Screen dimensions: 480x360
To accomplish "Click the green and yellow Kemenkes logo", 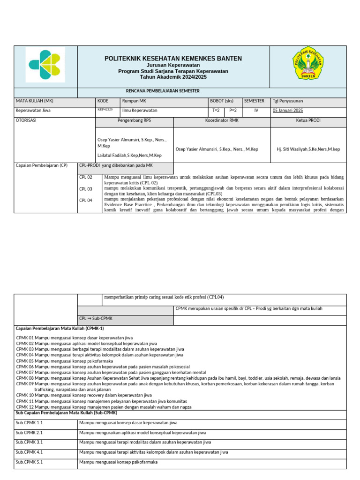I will [x=45, y=66].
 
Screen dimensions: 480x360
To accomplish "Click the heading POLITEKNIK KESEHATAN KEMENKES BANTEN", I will [x=173, y=59].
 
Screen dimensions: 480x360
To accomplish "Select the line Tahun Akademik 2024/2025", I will [x=173, y=77].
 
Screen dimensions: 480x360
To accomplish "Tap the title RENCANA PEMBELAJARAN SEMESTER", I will [x=173, y=91].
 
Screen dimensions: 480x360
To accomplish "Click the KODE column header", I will [x=103, y=101].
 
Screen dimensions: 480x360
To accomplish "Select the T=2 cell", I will [x=216, y=111].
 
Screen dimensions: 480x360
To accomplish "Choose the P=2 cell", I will [x=233, y=111].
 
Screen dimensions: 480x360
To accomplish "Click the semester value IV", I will [x=256, y=111].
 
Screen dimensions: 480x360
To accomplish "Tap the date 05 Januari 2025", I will [x=288, y=111].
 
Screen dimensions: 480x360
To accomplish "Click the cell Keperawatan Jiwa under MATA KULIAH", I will [x=33, y=111].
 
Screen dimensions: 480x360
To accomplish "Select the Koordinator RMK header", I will [x=222, y=120].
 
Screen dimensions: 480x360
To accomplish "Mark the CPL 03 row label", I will [x=86, y=189].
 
